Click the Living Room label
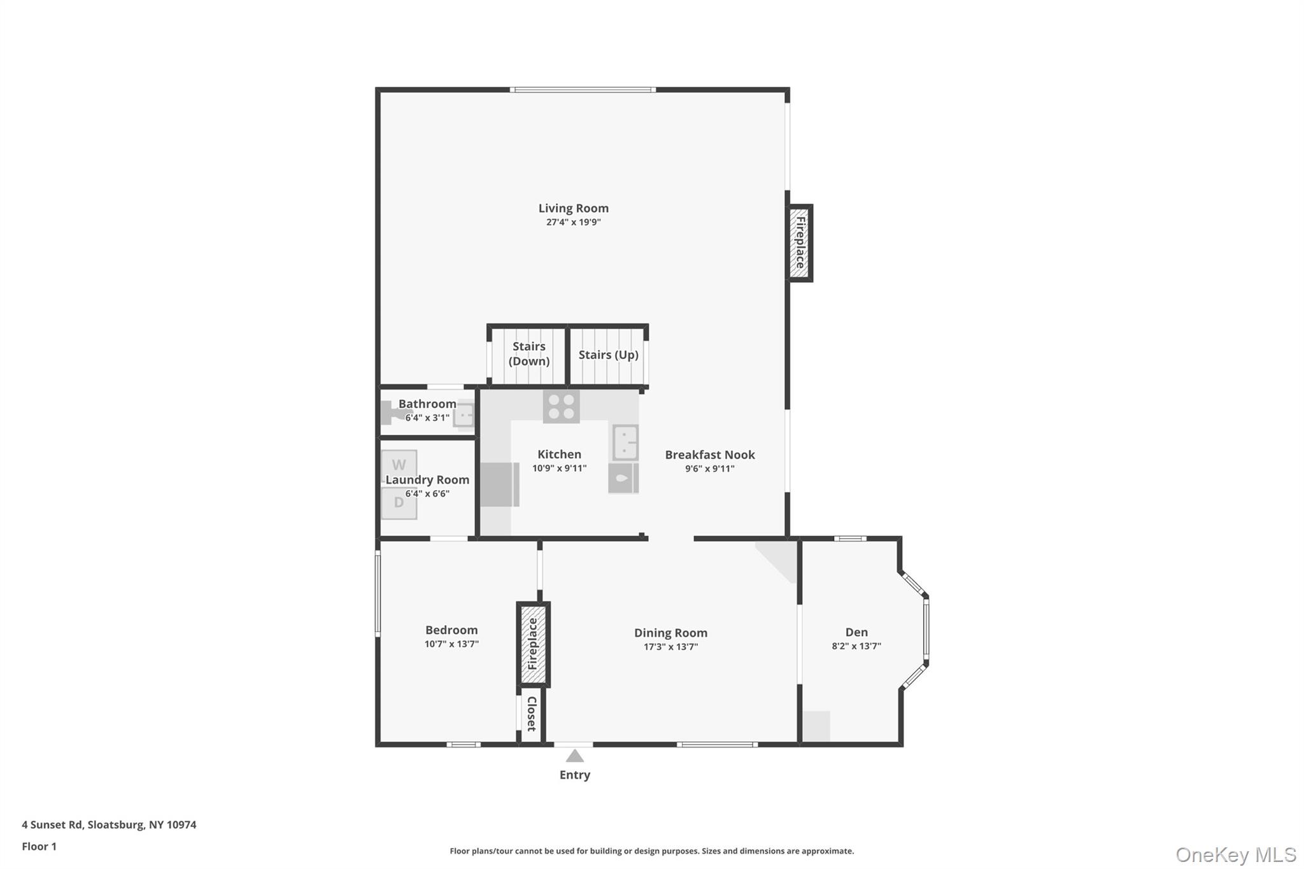click(573, 208)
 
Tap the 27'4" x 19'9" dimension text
click(573, 222)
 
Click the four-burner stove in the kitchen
click(561, 407)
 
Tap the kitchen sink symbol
click(625, 442)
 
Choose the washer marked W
click(399, 465)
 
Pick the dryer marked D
click(399, 503)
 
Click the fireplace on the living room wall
click(800, 243)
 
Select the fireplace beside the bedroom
click(533, 644)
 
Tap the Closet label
click(532, 714)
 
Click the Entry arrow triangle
click(574, 756)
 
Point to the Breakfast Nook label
click(709, 455)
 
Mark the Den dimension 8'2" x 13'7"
click(856, 646)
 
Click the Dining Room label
click(670, 633)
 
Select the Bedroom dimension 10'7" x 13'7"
click(451, 644)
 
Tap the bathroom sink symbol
click(464, 414)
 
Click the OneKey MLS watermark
click(1235, 854)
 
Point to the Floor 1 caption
click(39, 846)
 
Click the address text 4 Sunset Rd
click(52, 824)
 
